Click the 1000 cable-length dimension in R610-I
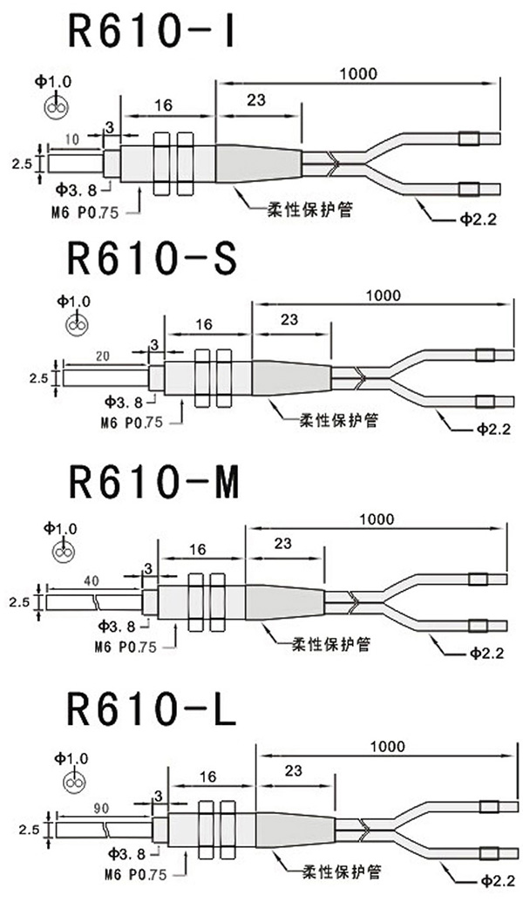point(359,73)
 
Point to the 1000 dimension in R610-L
point(387,746)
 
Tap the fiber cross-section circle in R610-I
point(54,107)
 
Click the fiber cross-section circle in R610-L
point(77,782)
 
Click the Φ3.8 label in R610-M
point(119,626)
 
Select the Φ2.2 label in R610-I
point(477,220)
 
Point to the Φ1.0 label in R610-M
point(61,528)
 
